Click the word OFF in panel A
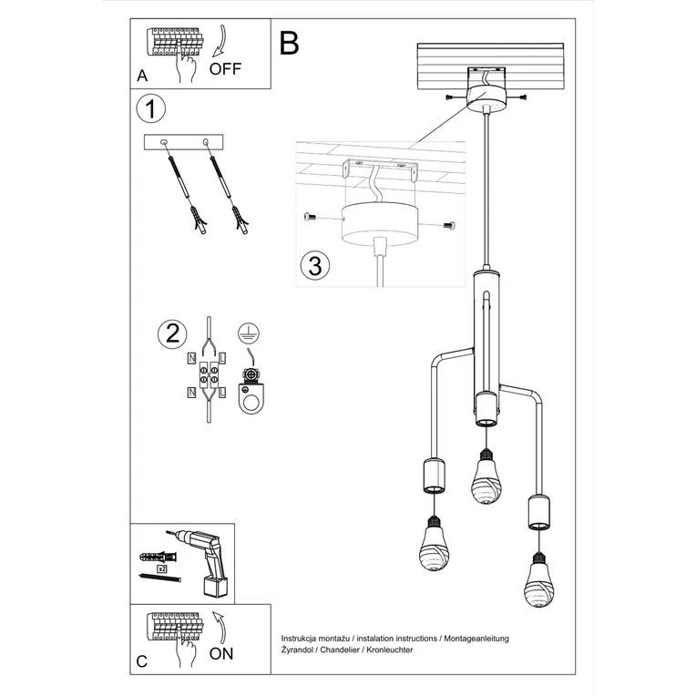[x=226, y=68]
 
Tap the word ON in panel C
[x=221, y=652]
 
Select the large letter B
[x=290, y=43]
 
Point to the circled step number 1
[x=151, y=110]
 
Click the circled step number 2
[x=169, y=334]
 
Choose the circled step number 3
[x=314, y=266]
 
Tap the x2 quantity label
[x=161, y=567]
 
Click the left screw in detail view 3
[x=310, y=217]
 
